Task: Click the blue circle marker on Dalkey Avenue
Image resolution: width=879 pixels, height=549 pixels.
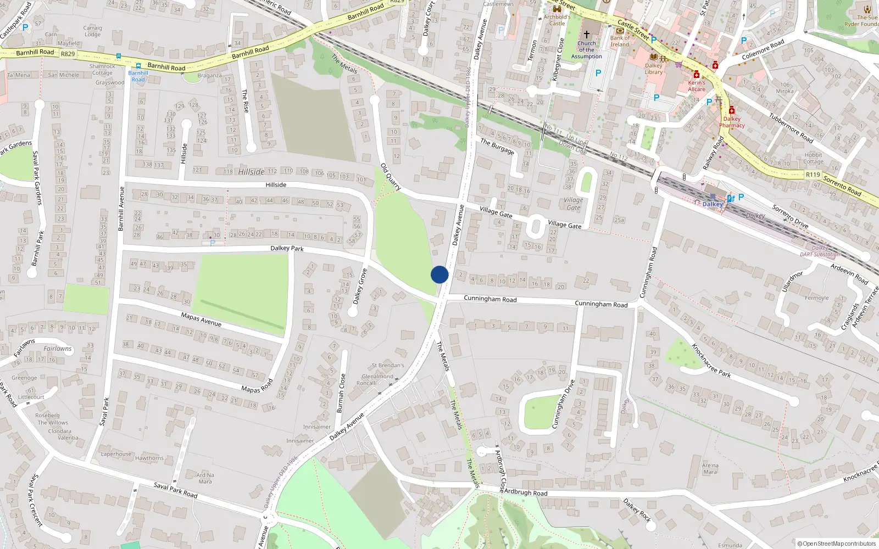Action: pyautogui.click(x=439, y=274)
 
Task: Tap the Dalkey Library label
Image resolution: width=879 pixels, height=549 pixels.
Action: pyautogui.click(x=654, y=69)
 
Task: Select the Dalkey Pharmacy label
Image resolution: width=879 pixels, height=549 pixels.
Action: pyautogui.click(x=732, y=122)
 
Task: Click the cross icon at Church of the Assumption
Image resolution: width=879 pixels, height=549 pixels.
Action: pyautogui.click(x=587, y=34)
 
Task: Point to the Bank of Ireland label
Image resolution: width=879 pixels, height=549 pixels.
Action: pyautogui.click(x=620, y=41)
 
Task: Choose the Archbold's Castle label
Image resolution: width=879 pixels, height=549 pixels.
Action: pyautogui.click(x=557, y=20)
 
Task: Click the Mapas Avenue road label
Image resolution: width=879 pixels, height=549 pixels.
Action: pyautogui.click(x=201, y=319)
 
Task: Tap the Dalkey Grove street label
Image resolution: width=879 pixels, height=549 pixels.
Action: pyautogui.click(x=360, y=286)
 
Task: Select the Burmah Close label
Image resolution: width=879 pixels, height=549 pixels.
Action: pyautogui.click(x=341, y=393)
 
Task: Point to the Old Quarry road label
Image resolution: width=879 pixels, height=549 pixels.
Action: pyautogui.click(x=391, y=177)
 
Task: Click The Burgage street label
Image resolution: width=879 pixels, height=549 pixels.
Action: pyautogui.click(x=497, y=146)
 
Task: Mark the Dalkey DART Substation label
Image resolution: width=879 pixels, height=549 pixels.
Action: pyautogui.click(x=820, y=251)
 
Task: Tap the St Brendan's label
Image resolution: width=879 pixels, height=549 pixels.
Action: pyautogui.click(x=388, y=365)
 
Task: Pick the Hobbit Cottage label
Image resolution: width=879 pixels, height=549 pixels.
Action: pyautogui.click(x=813, y=158)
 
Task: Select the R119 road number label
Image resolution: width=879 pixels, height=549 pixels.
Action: pyautogui.click(x=813, y=175)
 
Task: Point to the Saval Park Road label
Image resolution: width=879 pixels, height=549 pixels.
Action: pyautogui.click(x=175, y=490)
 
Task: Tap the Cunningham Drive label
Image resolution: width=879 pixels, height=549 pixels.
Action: pyautogui.click(x=563, y=404)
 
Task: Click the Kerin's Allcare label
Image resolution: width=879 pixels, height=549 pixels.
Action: pyautogui.click(x=697, y=86)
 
